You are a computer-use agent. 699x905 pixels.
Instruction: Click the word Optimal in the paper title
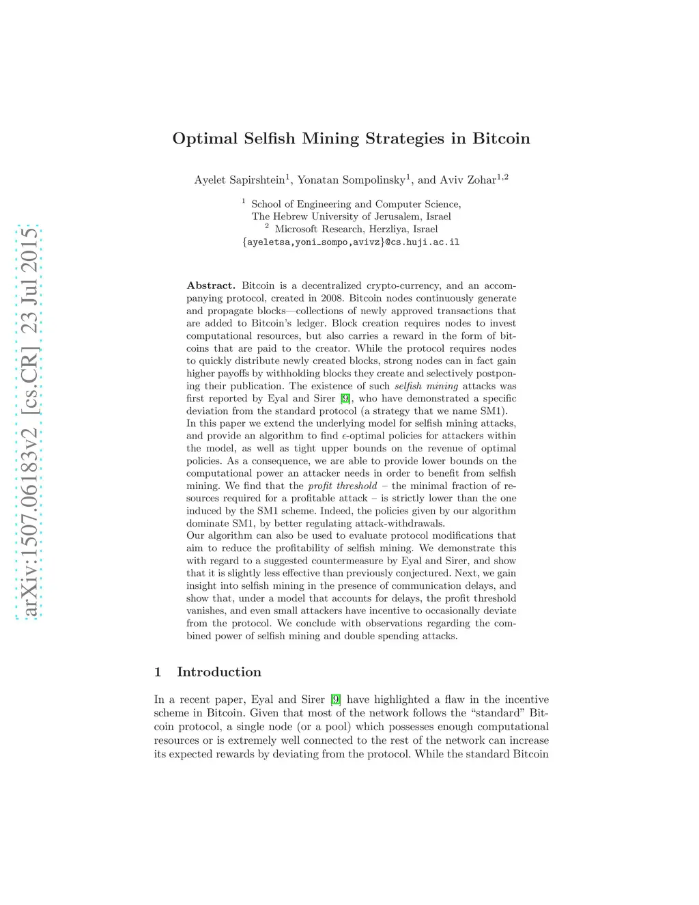[199, 139]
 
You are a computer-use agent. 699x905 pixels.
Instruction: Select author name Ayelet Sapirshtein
[240, 180]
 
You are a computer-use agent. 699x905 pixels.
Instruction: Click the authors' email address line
[351, 242]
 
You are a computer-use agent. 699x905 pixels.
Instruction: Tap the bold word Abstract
[211, 286]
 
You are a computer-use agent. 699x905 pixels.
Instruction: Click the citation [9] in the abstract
[345, 398]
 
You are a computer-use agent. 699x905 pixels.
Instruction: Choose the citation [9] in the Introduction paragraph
[335, 699]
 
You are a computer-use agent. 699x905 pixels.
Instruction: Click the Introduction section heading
[218, 672]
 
